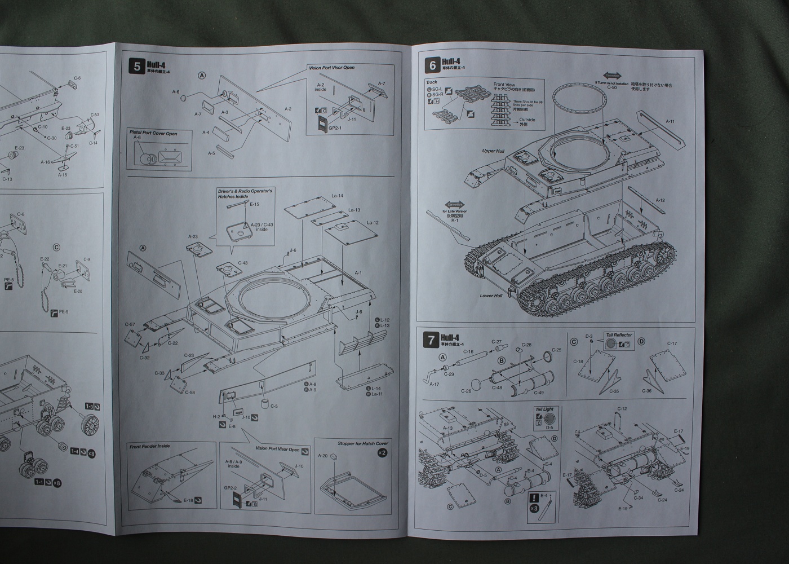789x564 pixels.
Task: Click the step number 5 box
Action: (x=137, y=66)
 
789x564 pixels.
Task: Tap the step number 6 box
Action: (x=433, y=65)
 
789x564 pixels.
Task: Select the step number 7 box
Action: (x=432, y=340)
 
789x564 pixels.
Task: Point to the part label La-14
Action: (x=337, y=196)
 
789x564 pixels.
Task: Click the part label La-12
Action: (x=373, y=223)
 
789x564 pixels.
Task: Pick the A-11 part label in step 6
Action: (x=670, y=121)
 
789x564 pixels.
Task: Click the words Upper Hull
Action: (x=493, y=151)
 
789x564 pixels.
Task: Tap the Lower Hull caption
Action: (x=490, y=296)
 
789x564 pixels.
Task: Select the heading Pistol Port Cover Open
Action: (x=153, y=134)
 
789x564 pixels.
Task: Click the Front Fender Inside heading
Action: (x=149, y=446)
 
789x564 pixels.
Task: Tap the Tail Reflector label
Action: (x=619, y=335)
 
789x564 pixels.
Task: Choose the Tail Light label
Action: (x=544, y=409)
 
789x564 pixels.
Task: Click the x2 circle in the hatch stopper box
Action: (x=382, y=453)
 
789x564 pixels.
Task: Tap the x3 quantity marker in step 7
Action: (x=533, y=508)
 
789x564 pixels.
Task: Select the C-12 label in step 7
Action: (x=622, y=408)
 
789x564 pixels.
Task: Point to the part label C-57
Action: (x=130, y=325)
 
